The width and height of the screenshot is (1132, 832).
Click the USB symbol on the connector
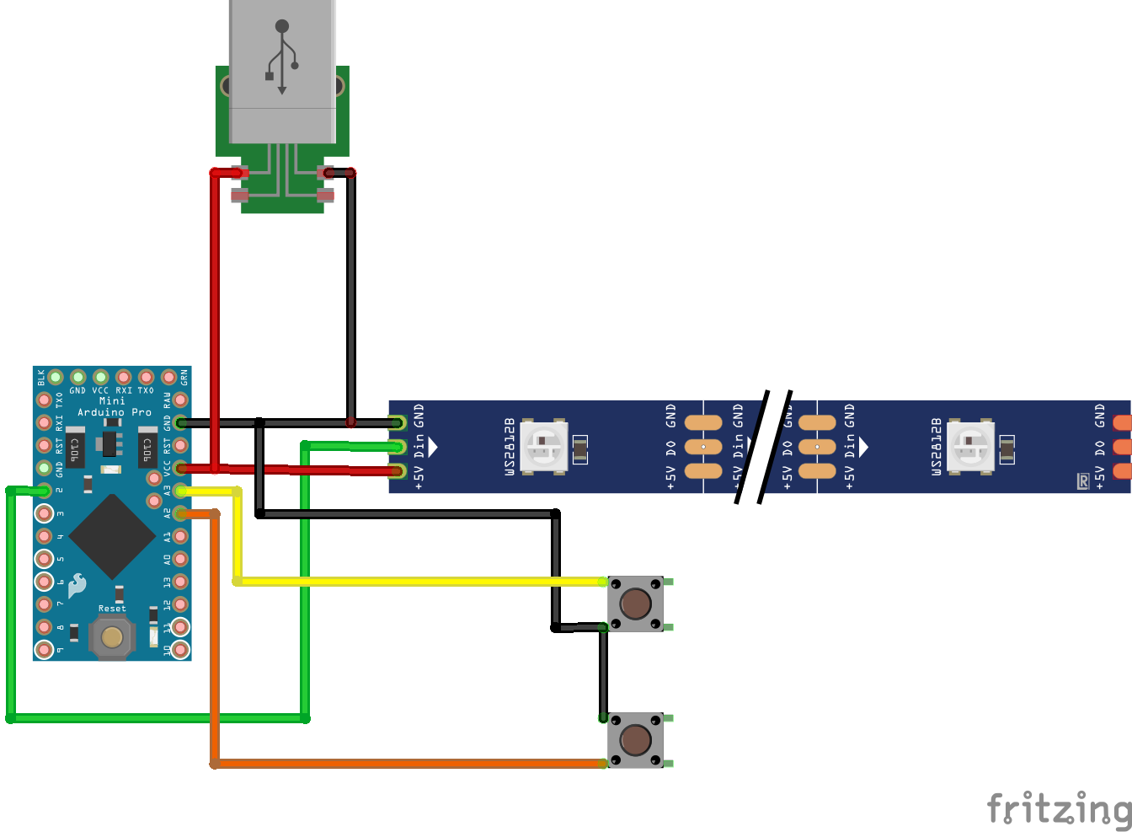pos(282,56)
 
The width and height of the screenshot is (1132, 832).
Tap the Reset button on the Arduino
pos(112,636)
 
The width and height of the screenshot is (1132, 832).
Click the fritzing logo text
pos(1059,808)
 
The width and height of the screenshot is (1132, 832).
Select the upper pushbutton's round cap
pos(635,604)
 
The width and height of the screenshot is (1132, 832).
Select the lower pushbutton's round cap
pos(635,740)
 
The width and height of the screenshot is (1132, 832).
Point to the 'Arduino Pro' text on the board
pos(115,412)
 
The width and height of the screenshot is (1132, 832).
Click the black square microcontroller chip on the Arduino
pos(111,536)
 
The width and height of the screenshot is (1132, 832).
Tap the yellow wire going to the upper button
pos(421,582)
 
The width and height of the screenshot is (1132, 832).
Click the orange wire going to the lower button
pos(404,764)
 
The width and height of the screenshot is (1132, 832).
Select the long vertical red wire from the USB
pos(215,320)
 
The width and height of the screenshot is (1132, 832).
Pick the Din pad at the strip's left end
pos(398,447)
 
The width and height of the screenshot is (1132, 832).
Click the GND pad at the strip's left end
pos(398,422)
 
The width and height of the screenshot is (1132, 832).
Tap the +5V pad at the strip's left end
pos(398,470)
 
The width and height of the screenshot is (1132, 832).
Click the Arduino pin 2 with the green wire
pos(44,491)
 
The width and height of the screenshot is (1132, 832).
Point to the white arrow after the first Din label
pos(433,446)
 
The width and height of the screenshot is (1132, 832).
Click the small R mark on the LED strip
pos(1083,481)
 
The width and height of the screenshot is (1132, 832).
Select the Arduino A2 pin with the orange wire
pos(180,513)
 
